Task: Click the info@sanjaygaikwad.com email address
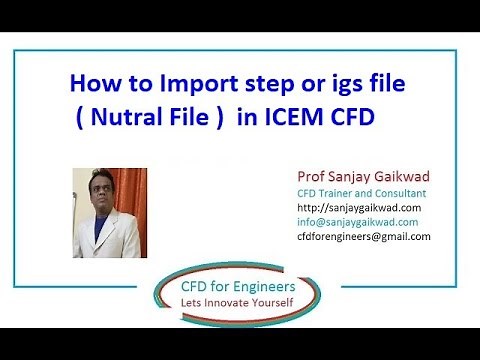[x=358, y=222]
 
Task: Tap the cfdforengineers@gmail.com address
[x=364, y=236]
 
